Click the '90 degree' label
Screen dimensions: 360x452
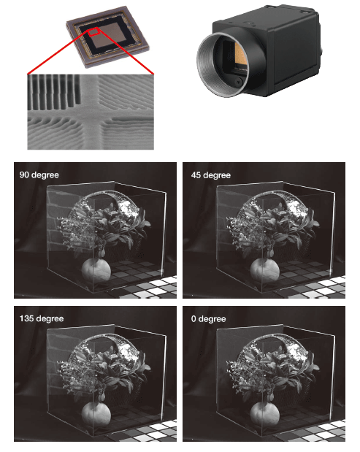(x=39, y=175)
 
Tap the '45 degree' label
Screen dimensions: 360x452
(x=211, y=175)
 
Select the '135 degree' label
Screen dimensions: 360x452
(x=42, y=318)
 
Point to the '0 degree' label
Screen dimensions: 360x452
(x=208, y=319)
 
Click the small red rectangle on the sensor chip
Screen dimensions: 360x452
(x=93, y=31)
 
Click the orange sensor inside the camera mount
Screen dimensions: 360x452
(x=240, y=54)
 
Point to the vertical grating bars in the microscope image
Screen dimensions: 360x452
(x=54, y=91)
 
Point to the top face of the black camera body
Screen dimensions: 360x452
(x=265, y=18)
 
